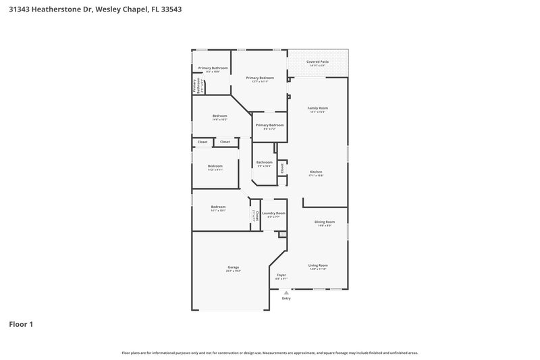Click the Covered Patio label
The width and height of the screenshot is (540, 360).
pyautogui.click(x=317, y=61)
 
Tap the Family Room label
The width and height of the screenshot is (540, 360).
pyautogui.click(x=317, y=108)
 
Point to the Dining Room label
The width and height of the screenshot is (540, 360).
pyautogui.click(x=325, y=222)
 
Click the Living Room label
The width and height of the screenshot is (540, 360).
pyautogui.click(x=318, y=265)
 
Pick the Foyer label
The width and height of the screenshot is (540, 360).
pyautogui.click(x=282, y=275)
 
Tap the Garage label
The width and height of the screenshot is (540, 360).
pyautogui.click(x=234, y=267)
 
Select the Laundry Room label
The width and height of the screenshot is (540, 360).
pyautogui.click(x=273, y=213)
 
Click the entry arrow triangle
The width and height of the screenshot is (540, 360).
pyautogui.click(x=286, y=292)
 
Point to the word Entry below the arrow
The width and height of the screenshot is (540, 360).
pyautogui.click(x=286, y=299)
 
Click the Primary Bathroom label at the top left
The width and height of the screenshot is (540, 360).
pyautogui.click(x=213, y=68)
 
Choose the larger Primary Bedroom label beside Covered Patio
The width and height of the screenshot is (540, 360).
pyautogui.click(x=260, y=78)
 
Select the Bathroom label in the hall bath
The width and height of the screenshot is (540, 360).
pyautogui.click(x=264, y=162)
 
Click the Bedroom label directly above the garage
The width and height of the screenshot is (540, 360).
pyautogui.click(x=218, y=207)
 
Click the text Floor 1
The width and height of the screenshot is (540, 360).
pyautogui.click(x=21, y=324)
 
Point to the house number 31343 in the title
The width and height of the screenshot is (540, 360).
pyautogui.click(x=21, y=9)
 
